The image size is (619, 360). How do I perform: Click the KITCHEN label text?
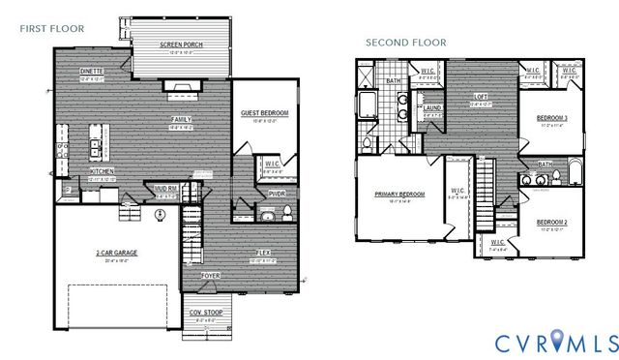click(x=103, y=171)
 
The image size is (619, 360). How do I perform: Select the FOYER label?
click(x=210, y=275)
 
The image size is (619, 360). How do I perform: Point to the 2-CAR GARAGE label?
click(x=114, y=254)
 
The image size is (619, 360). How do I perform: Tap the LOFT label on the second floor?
click(x=480, y=97)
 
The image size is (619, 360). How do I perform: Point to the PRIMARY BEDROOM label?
click(x=399, y=195)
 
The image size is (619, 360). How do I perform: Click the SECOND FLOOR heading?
click(x=405, y=43)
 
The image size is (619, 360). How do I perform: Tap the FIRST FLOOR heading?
click(x=51, y=28)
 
